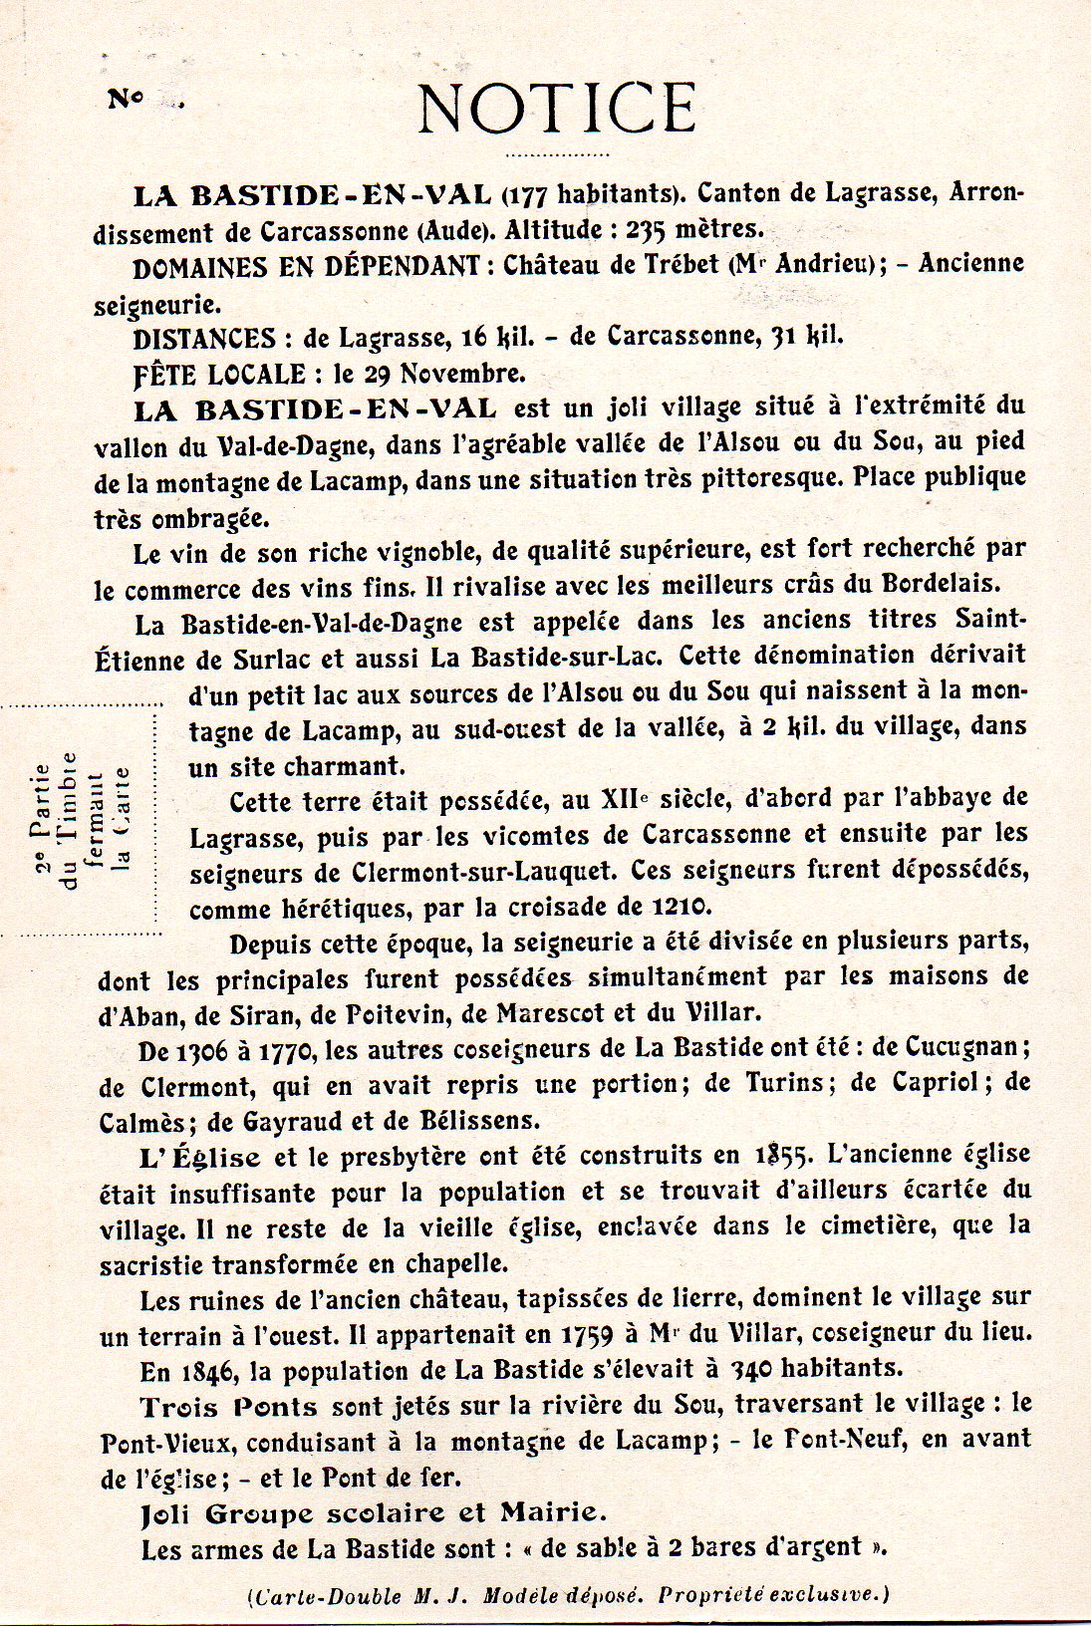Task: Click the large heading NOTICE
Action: pyautogui.click(x=555, y=108)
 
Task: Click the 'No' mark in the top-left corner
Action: pyautogui.click(x=127, y=99)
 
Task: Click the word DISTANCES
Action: pyautogui.click(x=204, y=339)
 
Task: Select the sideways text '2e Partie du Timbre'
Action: pyautogui.click(x=57, y=819)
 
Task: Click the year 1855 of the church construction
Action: pyautogui.click(x=780, y=1156)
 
